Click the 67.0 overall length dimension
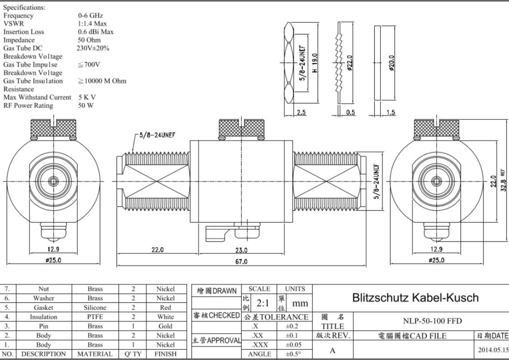[x=241, y=261]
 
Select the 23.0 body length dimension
[x=241, y=250]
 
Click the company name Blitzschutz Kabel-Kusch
[x=415, y=297]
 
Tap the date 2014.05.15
[x=494, y=350]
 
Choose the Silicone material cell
[x=95, y=307]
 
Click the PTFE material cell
[x=95, y=317]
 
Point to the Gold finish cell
[x=165, y=326]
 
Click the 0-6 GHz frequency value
[x=90, y=15]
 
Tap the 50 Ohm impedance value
[x=89, y=40]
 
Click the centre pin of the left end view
[x=53, y=181]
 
